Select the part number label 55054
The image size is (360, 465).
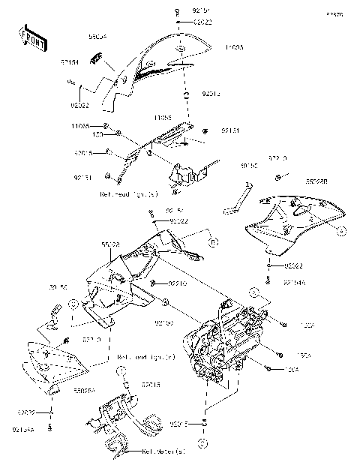point(97,35)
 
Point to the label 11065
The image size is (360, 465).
point(82,126)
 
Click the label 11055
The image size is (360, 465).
point(164,118)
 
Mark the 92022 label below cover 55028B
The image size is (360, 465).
point(294,266)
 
